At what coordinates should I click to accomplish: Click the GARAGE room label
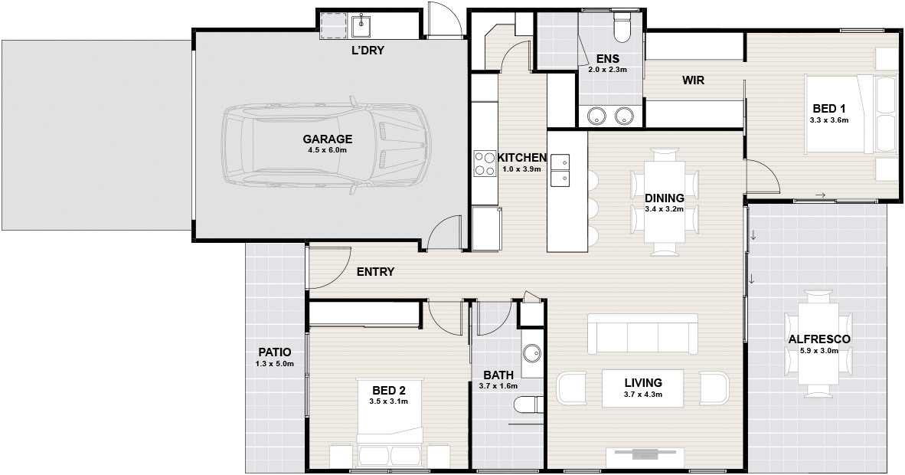pyautogui.click(x=327, y=139)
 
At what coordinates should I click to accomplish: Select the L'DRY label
pyautogui.click(x=368, y=51)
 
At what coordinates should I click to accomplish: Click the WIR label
pyautogui.click(x=693, y=80)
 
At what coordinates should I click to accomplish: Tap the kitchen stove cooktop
pyautogui.click(x=485, y=163)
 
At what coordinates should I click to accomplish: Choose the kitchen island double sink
pyautogui.click(x=560, y=171)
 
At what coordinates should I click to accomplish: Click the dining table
pyautogui.click(x=665, y=201)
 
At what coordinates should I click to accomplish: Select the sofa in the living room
pyautogui.click(x=642, y=334)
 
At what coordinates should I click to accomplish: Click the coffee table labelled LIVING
pyautogui.click(x=643, y=388)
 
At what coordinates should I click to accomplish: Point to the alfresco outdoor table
pyautogui.click(x=819, y=344)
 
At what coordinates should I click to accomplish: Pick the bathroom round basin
pyautogui.click(x=531, y=352)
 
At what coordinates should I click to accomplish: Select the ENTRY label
pyautogui.click(x=375, y=272)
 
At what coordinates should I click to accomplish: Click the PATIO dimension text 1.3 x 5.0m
pyautogui.click(x=275, y=364)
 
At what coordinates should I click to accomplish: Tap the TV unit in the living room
pyautogui.click(x=645, y=455)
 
